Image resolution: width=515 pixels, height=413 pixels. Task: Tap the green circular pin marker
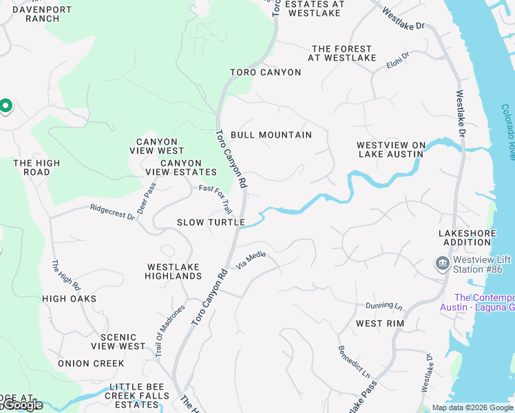pos(5,106)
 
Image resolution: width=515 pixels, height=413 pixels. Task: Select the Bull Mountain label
pos(271,135)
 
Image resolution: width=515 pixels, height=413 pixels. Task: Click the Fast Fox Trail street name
pos(216,197)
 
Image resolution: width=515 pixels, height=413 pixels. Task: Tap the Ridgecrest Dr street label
pos(112,211)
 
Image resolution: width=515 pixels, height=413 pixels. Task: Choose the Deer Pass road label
pos(147,198)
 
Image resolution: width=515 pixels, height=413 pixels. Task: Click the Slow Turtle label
pos(211,222)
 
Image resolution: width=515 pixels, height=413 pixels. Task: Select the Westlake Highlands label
pos(173,271)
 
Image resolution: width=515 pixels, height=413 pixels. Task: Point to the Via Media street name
pos(251,260)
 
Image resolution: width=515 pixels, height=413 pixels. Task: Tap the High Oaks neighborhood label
pos(69,299)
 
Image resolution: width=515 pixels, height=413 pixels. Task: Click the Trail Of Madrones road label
pos(170,330)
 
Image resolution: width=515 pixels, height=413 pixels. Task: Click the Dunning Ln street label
pos(383,305)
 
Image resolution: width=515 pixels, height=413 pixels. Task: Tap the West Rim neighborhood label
pos(380,323)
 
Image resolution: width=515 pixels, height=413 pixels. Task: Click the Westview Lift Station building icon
pos(441,264)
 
